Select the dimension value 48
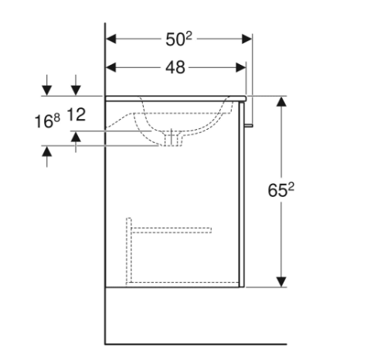[x=175, y=67]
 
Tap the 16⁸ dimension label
[x=47, y=121]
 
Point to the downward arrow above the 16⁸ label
[x=48, y=89]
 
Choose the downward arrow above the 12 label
[x=76, y=89]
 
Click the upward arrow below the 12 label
[x=76, y=138]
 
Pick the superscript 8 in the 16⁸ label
[x=56, y=117]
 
